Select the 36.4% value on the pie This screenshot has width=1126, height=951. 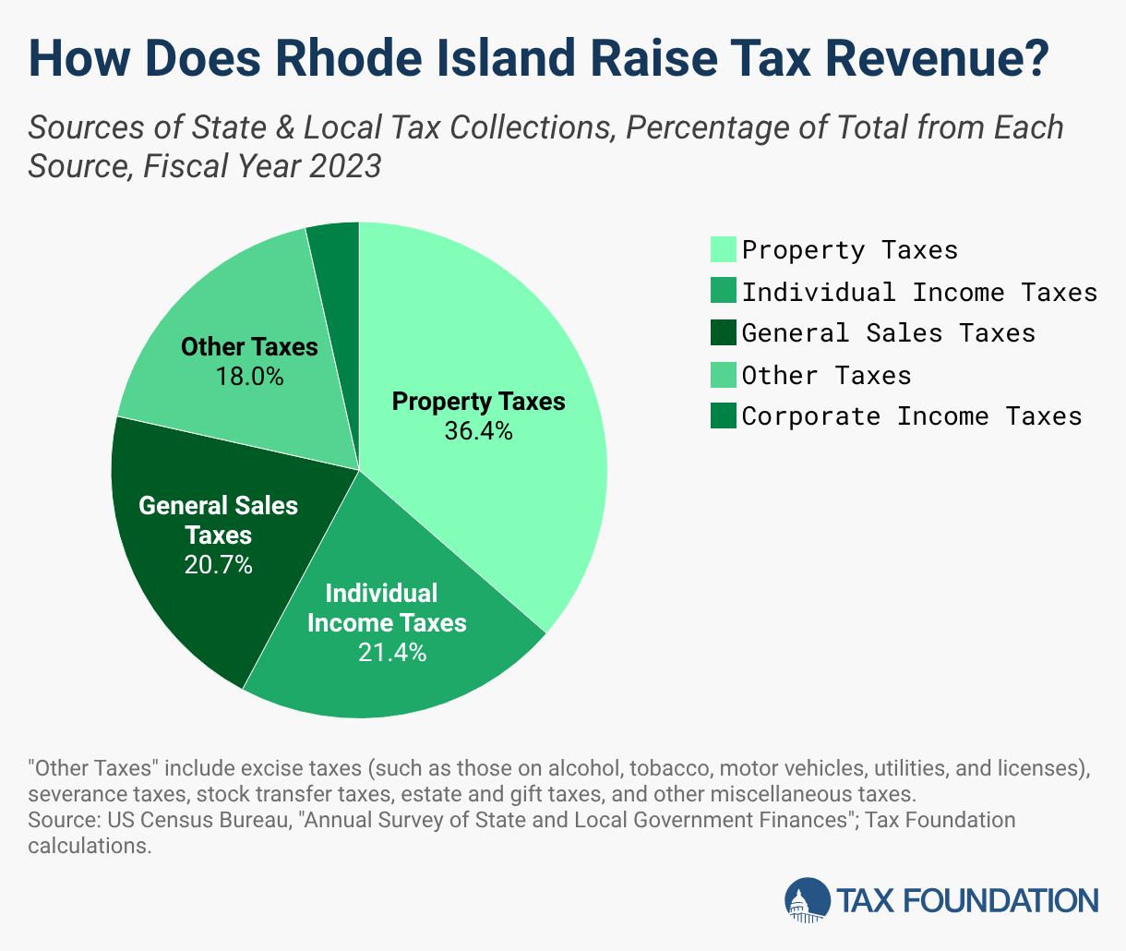point(478,431)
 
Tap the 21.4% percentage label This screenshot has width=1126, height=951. point(392,653)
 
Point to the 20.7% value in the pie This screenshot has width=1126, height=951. point(219,565)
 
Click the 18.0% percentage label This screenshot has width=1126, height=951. point(249,377)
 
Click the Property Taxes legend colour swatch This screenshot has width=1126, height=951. point(724,249)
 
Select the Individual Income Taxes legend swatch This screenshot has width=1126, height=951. point(724,291)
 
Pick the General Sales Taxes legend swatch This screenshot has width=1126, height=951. point(724,332)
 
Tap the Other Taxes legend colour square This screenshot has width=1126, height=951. point(724,374)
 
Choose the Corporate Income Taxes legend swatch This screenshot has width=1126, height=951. point(724,415)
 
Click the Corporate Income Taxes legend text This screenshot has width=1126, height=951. point(912,416)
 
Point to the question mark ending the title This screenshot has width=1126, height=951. point(1035,58)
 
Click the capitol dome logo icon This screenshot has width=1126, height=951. point(808,900)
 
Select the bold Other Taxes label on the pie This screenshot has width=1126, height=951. point(249,347)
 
